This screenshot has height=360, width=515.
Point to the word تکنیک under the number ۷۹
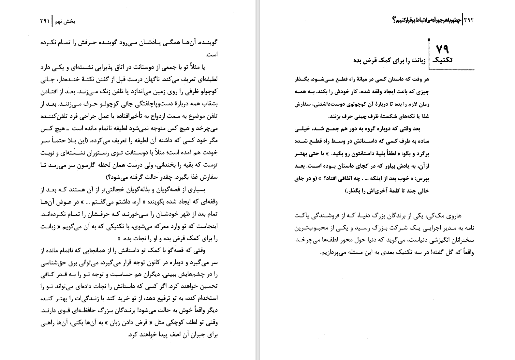point(442,60)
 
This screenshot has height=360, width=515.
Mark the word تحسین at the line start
point(209,286)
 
